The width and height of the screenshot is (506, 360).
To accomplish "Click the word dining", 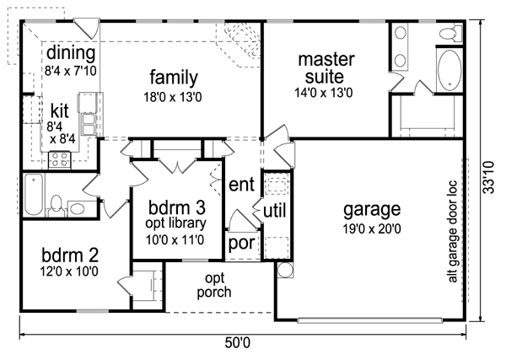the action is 71,53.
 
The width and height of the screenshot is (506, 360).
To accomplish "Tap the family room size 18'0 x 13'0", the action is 173,97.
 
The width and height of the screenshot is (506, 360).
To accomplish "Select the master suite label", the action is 326,68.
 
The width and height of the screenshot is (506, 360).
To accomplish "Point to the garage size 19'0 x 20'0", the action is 372,229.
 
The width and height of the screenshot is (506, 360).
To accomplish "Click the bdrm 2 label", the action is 70,255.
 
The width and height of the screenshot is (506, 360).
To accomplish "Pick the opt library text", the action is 175,223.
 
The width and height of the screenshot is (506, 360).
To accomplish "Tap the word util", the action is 275,212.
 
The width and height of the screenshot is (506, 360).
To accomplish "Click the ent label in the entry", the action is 241,185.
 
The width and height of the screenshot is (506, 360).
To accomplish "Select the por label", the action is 241,243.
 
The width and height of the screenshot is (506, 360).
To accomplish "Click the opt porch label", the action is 214,286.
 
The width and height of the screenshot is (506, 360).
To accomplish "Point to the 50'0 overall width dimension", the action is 238,343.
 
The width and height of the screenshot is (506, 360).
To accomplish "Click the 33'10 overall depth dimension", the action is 489,177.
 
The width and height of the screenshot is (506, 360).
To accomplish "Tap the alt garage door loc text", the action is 453,231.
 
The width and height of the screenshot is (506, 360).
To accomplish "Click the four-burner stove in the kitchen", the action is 60,159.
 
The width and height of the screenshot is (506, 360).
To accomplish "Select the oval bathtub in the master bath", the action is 449,71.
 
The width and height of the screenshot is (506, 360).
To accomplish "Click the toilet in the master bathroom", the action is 450,33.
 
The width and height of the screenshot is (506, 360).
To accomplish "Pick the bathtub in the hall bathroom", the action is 34,195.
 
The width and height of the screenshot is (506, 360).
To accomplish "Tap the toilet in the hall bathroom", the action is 57,206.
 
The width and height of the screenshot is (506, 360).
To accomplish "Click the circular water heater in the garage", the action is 285,270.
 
